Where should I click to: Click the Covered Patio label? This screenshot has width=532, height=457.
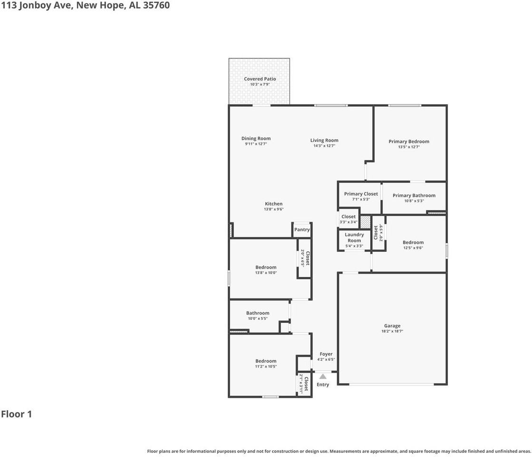(x=260, y=79)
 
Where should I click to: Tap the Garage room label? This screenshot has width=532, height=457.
(x=392, y=326)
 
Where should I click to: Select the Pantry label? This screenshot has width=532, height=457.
(x=302, y=229)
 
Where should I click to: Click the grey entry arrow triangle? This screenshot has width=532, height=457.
(x=323, y=377)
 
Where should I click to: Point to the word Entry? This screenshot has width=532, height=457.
(x=323, y=385)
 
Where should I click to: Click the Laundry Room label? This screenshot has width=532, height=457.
(x=354, y=238)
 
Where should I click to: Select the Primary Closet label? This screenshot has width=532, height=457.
(x=361, y=194)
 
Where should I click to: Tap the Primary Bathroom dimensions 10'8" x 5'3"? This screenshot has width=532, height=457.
(x=414, y=201)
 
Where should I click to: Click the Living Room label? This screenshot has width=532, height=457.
(x=324, y=140)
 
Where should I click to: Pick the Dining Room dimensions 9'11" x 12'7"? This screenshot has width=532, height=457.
(x=256, y=144)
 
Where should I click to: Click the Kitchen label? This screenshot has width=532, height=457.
(x=273, y=204)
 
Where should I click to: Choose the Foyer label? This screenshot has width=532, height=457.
(x=326, y=354)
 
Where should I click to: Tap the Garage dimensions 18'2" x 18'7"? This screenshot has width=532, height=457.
(x=392, y=331)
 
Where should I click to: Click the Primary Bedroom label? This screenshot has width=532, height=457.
(x=409, y=141)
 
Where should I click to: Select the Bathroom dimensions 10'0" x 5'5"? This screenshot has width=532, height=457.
(x=258, y=318)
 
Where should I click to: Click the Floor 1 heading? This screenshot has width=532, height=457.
(x=17, y=414)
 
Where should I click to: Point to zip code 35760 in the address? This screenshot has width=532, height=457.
(x=155, y=6)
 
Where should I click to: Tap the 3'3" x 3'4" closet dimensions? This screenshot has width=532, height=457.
(x=348, y=222)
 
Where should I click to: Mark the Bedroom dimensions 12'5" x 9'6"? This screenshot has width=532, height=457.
(x=413, y=248)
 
